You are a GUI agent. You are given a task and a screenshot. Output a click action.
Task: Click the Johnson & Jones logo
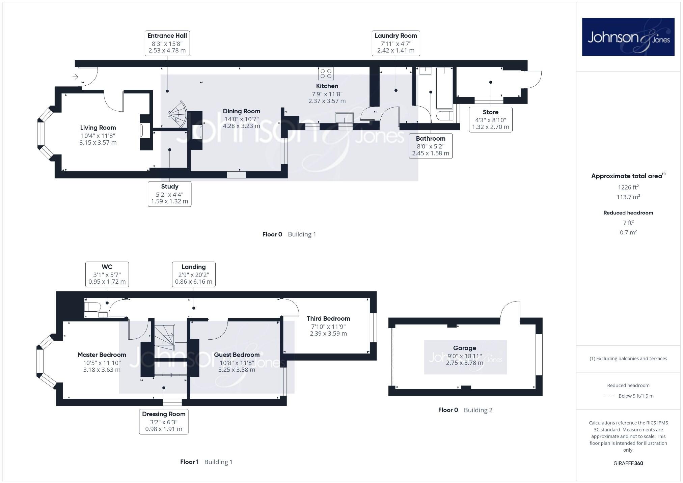tap(628, 37)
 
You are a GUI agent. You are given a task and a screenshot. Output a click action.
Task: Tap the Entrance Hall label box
tap(167, 43)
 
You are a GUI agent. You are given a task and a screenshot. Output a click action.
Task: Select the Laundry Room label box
tap(396, 43)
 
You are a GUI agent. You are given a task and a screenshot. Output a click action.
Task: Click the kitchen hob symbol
tap(326, 74)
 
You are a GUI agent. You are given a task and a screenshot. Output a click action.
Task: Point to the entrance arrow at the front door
tap(76, 77)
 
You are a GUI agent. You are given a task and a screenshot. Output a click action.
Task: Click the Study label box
tap(169, 194)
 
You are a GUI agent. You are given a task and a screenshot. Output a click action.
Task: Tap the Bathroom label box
tap(431, 146)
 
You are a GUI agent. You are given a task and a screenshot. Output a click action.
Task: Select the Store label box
tap(490, 120)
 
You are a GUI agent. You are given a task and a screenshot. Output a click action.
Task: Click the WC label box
tap(107, 274)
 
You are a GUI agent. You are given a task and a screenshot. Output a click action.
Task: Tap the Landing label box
tap(194, 274)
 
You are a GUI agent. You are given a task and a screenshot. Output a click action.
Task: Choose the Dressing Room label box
tap(164, 422)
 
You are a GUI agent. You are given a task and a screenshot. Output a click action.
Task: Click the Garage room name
tap(465, 348)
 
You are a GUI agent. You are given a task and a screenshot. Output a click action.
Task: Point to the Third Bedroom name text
tap(328, 319)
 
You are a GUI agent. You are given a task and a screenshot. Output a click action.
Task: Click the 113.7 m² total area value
tap(628, 197)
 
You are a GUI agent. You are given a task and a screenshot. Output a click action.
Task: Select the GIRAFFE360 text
tap(628, 463)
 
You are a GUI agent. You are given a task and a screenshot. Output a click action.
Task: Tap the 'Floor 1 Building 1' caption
tap(206, 462)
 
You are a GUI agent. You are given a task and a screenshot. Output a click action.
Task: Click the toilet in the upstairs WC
tap(92, 307)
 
